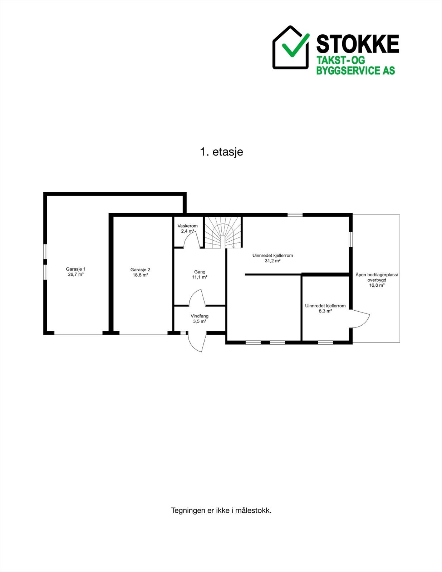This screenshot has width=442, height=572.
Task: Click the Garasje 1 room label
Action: tap(75, 269)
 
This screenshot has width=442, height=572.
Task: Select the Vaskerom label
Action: tap(187, 226)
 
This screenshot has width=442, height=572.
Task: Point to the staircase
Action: tap(223, 233)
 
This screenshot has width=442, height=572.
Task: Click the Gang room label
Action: tap(200, 272)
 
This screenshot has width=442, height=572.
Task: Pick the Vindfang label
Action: tap(200, 316)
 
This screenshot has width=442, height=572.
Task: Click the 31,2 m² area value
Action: tap(272, 261)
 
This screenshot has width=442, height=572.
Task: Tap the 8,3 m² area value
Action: tap(325, 311)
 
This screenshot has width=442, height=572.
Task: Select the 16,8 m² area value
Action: tap(377, 285)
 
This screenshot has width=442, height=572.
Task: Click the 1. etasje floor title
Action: tap(221, 152)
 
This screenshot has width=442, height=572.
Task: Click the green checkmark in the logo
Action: tap(295, 45)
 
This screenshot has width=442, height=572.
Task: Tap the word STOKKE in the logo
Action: tap(357, 44)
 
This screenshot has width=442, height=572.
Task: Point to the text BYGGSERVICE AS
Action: tap(355, 70)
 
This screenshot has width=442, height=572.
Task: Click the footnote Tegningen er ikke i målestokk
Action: tap(221, 510)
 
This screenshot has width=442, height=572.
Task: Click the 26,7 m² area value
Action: tap(75, 275)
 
